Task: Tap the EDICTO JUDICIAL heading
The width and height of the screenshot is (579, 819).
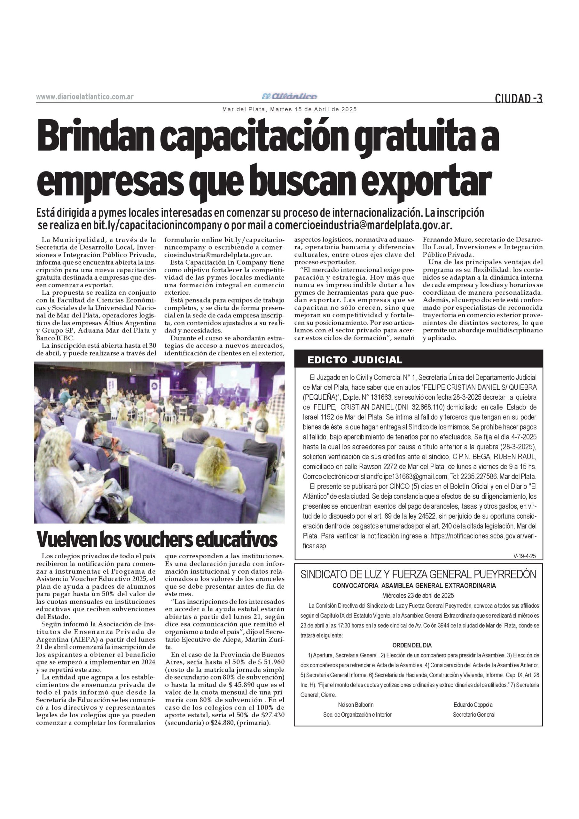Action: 355,360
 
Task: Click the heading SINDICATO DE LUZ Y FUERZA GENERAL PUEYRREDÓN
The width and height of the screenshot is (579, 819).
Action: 418,574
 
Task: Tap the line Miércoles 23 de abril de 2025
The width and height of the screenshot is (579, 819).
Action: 418,595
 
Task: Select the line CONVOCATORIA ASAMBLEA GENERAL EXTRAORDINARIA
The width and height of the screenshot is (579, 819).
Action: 414,586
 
